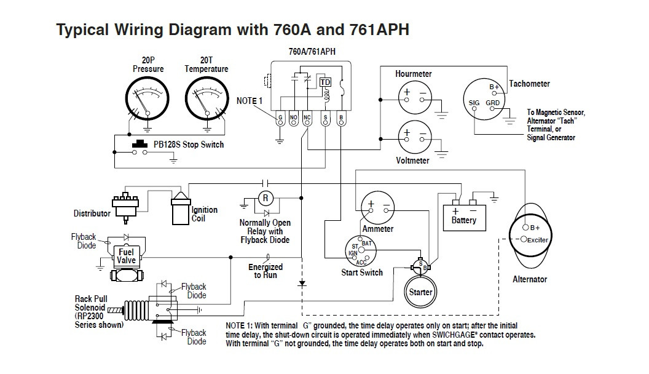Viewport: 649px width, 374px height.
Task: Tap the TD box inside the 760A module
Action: pyautogui.click(x=325, y=82)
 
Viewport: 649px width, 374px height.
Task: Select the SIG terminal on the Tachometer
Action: pyautogui.click(x=474, y=108)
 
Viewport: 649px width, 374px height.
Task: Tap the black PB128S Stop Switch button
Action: pyautogui.click(x=140, y=144)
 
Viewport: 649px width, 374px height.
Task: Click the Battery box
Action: pyautogui.click(x=464, y=218)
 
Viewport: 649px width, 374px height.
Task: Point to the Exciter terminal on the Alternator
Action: pyautogui.click(x=524, y=239)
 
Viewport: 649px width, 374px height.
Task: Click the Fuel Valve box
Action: pyautogui.click(x=126, y=257)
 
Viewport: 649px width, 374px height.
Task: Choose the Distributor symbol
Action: pyautogui.click(x=125, y=207)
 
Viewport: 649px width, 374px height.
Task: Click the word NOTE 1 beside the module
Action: pyautogui.click(x=250, y=101)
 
